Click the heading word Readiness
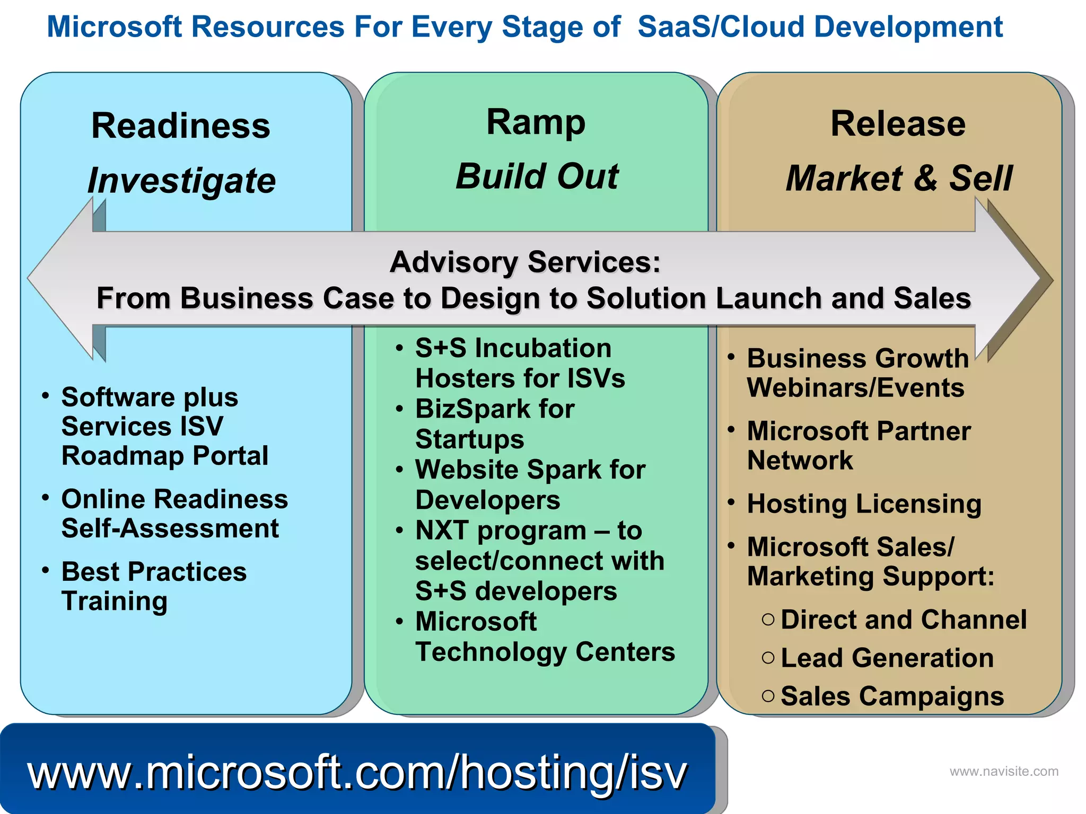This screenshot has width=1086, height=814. coord(181,126)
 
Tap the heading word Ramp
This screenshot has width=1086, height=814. coord(536,122)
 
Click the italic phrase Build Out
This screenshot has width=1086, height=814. coord(537,176)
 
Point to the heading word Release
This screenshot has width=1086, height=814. coord(898,124)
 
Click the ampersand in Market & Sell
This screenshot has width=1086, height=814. coord(925,179)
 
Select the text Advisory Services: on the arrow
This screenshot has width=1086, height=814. coord(525,262)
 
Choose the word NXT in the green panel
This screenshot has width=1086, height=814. coord(442,530)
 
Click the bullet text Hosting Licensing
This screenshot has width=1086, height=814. coord(864,504)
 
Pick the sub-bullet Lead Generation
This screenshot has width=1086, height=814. coord(887,658)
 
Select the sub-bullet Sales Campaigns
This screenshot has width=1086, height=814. coord(892,696)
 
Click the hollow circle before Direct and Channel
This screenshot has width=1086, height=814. coord(768,620)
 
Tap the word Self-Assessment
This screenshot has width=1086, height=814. coord(170,528)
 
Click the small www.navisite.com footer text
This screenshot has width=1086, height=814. coord(1003,772)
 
